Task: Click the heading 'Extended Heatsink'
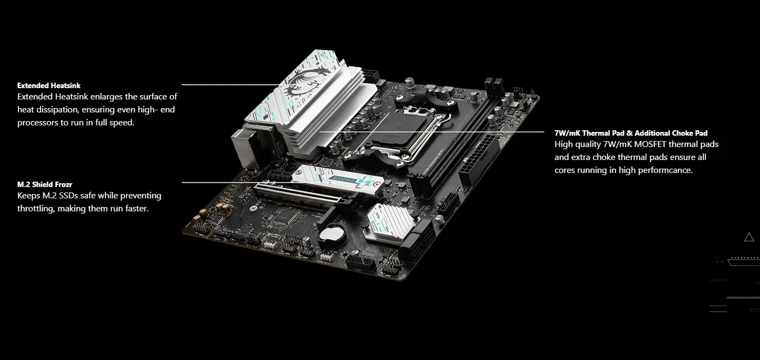point(49,85)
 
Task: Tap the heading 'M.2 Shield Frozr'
point(45,184)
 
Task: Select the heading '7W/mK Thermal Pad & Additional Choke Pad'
point(631,133)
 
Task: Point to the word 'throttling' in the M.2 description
point(36,209)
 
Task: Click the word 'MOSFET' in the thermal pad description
point(650,144)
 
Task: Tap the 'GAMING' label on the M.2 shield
point(342,179)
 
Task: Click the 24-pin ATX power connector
point(479,160)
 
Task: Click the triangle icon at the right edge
point(749,237)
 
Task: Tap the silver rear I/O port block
point(249,146)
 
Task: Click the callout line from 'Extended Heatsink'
point(231,85)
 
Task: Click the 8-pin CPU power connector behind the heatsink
point(370,75)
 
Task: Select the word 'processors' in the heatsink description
point(38,123)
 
